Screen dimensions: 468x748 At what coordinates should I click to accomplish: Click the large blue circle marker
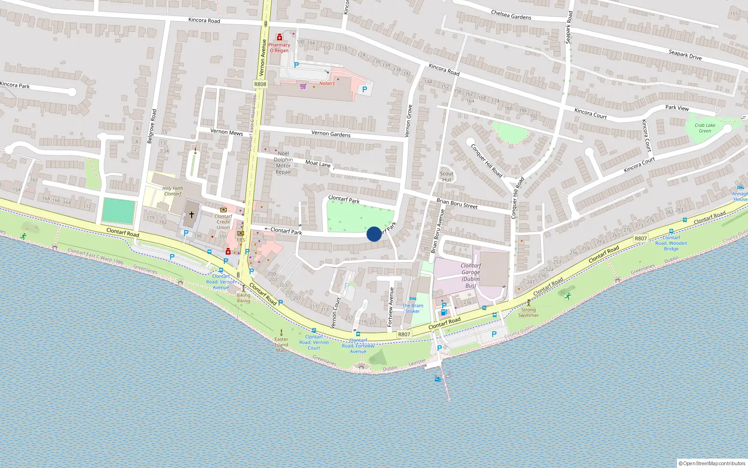coord(374,234)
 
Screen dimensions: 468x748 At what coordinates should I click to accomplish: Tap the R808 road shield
coord(260,84)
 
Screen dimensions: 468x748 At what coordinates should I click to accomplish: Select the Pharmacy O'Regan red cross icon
coord(280,37)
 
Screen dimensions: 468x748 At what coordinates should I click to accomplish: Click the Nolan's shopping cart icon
coord(303,86)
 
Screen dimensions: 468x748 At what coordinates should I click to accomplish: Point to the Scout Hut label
coord(446,176)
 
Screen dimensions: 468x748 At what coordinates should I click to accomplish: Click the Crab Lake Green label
coord(705,128)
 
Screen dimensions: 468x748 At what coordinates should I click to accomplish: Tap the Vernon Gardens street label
coord(331,134)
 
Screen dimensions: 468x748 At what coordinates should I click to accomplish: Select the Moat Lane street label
coord(318,163)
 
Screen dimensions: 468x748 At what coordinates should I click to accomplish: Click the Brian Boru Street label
coord(457,204)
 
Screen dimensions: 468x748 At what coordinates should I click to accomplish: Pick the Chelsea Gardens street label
coord(511,15)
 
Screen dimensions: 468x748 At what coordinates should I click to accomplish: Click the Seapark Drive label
coord(685,55)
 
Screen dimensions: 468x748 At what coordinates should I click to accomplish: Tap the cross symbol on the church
coord(191,215)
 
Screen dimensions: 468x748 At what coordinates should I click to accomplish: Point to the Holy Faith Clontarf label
coord(173,191)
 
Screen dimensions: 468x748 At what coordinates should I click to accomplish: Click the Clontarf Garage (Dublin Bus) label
coord(470,275)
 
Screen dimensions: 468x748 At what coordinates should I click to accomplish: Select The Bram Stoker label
coord(412,308)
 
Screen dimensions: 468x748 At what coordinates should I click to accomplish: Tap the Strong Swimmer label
coord(528,312)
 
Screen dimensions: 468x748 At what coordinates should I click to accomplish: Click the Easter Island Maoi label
coord(281,344)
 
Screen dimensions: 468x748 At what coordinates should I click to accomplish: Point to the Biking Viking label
coord(243,298)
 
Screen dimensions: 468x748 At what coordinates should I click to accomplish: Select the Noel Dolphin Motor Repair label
coord(283,162)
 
